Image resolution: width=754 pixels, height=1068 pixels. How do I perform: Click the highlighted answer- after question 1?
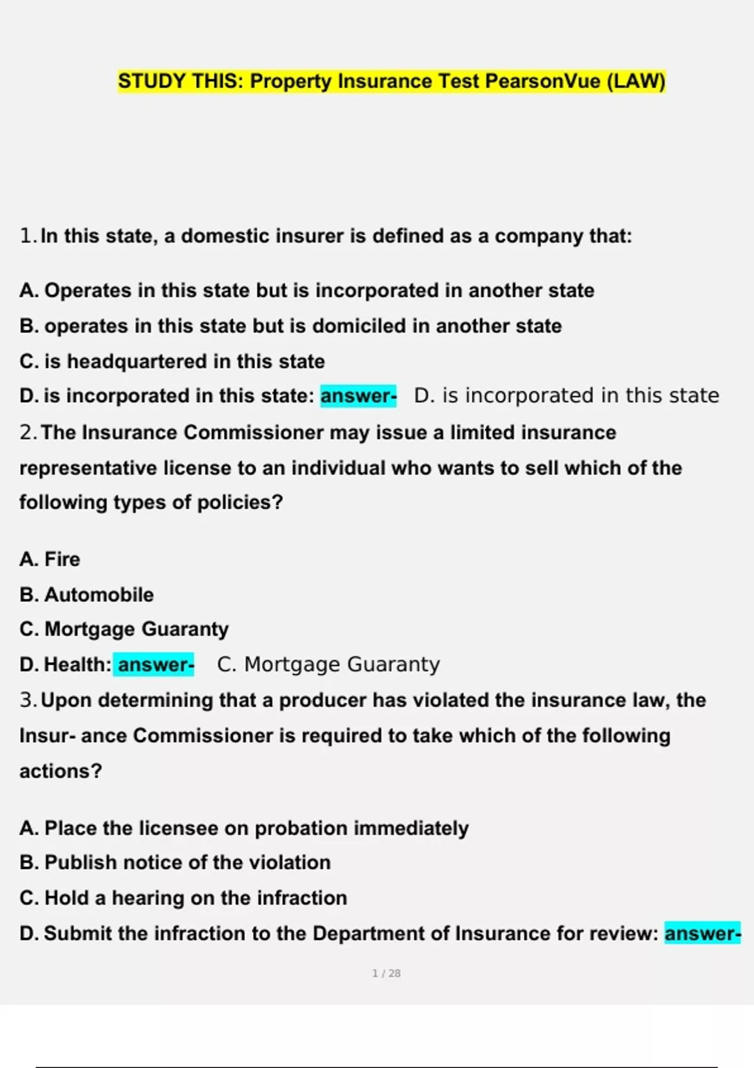(x=358, y=396)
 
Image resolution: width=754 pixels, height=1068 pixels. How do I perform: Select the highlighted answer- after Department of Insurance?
(x=702, y=934)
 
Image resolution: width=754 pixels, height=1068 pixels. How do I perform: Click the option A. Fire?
(x=50, y=559)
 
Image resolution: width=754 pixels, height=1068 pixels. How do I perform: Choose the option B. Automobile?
(x=87, y=595)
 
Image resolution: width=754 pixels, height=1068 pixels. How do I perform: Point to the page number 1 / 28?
(x=386, y=973)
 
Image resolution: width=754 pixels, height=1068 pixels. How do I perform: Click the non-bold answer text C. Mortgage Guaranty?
(x=329, y=665)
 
